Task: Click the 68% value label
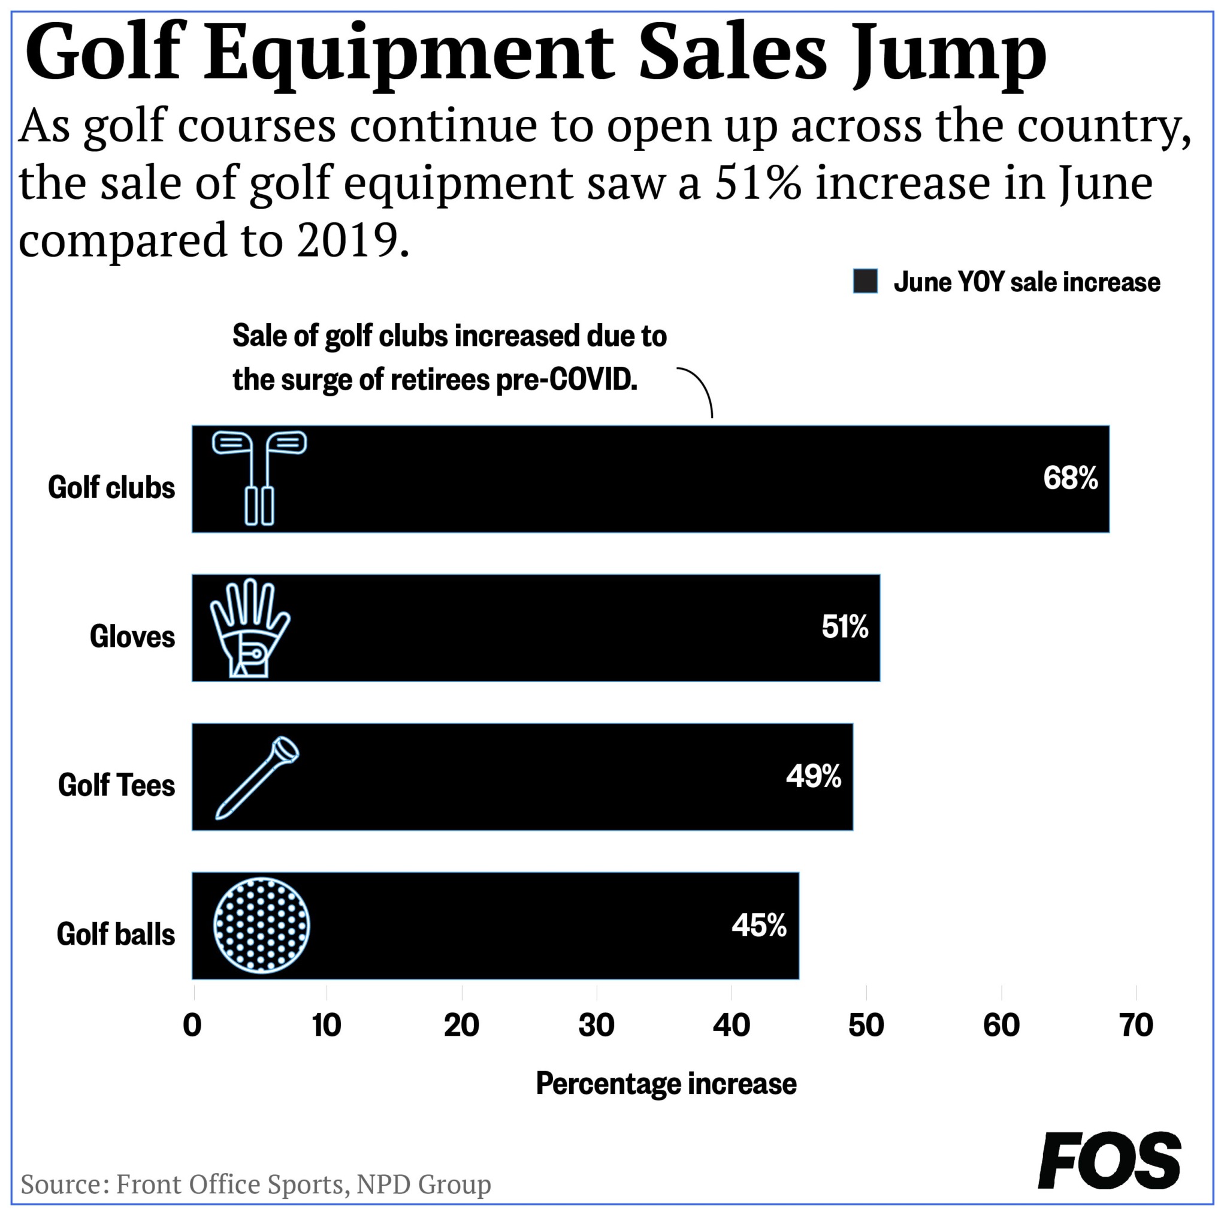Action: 1070,478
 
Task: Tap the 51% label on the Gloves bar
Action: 845,627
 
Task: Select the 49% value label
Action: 814,776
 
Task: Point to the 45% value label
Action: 759,925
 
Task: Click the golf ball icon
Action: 262,925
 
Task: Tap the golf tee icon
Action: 257,777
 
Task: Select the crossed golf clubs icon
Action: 259,478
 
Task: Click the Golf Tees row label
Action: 116,785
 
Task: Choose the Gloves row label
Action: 132,637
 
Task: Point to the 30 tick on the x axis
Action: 596,1026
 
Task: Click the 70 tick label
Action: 1135,1026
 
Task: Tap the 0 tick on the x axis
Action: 192,1026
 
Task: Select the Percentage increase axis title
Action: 666,1083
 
